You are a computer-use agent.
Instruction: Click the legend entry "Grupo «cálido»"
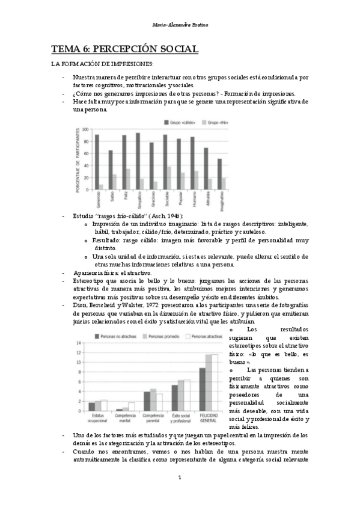183,122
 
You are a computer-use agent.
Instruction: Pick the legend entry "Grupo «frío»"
218,122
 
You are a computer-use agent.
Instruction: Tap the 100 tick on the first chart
86,129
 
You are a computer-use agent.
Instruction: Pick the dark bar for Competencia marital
119,410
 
